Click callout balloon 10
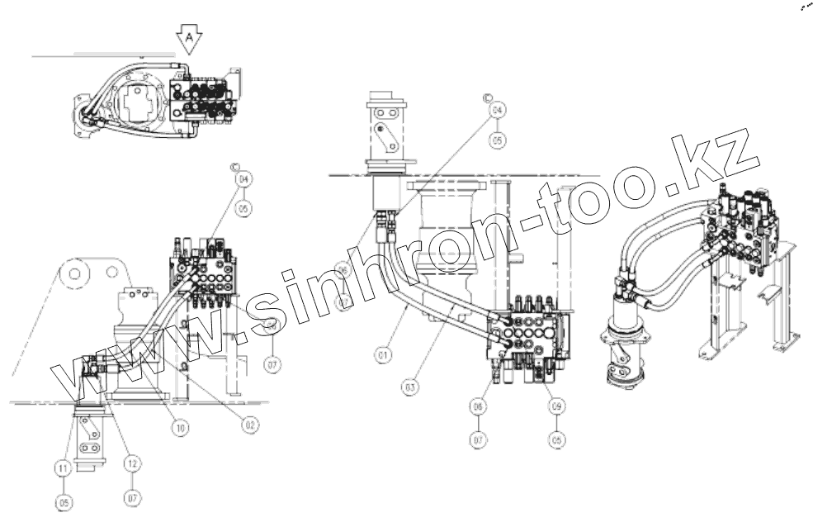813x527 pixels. (x=179, y=428)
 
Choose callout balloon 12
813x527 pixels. (x=132, y=464)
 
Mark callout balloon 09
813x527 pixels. (x=557, y=406)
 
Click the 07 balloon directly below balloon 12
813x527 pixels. (x=132, y=499)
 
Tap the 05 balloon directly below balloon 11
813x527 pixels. (x=64, y=501)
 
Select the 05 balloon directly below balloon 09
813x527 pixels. (x=557, y=441)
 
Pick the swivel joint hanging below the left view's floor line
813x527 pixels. (x=89, y=438)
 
